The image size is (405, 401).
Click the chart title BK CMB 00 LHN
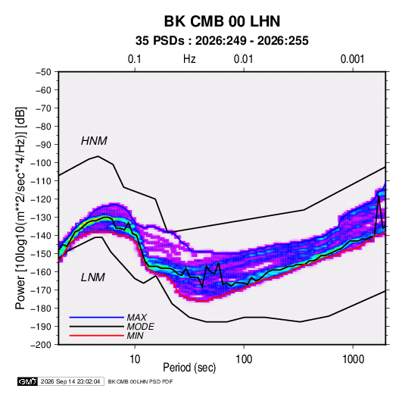click(222, 21)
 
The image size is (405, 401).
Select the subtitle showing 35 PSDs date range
click(222, 41)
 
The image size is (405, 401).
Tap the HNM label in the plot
click(94, 141)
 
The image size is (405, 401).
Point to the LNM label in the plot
click(93, 277)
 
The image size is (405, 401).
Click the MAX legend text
click(137, 317)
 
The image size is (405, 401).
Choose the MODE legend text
click(141, 327)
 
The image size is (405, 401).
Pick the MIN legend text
click(135, 336)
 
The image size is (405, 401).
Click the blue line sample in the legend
click(97, 318)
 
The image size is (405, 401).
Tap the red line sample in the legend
click(97, 336)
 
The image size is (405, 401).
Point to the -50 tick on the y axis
click(43, 72)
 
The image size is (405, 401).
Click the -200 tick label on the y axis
click(41, 345)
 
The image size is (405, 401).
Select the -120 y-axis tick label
click(41, 199)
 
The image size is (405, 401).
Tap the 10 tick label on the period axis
click(135, 359)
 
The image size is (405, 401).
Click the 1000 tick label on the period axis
click(353, 359)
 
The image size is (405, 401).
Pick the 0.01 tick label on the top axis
click(243, 59)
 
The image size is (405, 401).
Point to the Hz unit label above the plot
click(189, 59)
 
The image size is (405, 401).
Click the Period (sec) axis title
click(189, 368)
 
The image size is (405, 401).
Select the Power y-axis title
click(20, 208)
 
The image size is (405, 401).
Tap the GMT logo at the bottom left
click(28, 381)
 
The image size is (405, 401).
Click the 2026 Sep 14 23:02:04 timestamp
click(70, 381)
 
